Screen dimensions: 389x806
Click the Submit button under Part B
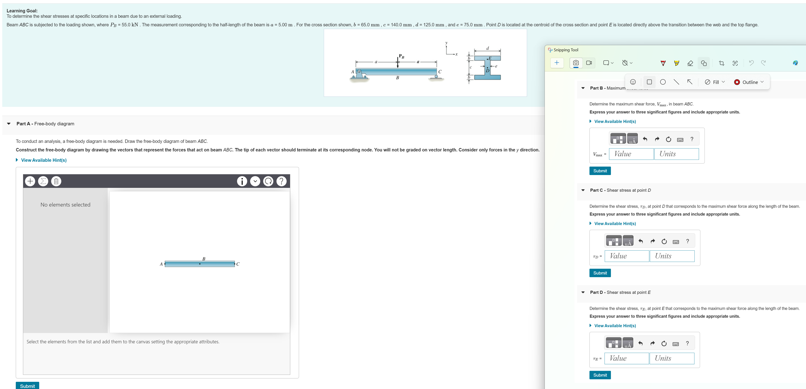coord(600,171)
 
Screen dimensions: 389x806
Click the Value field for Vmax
coord(631,154)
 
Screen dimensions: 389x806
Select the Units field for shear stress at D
coord(672,256)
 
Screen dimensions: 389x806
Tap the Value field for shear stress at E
coord(626,358)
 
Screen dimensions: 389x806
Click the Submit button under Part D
coord(600,375)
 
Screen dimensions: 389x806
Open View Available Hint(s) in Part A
coord(43,160)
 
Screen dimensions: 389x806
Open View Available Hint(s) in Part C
coord(615,224)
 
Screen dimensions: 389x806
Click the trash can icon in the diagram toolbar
coord(56,181)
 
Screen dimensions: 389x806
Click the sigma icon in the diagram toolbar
coord(43,181)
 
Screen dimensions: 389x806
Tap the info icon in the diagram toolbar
coord(242,181)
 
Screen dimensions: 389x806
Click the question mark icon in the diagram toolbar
coord(281,181)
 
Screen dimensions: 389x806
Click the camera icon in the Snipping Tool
coord(576,63)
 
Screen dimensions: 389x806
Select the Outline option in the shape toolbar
coord(749,82)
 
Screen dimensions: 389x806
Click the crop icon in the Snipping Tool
coord(722,63)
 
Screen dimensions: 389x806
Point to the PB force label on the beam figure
coord(402,56)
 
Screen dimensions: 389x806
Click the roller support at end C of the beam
coord(436,76)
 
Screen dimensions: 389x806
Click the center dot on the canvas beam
coord(200,264)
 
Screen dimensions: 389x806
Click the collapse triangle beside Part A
coord(9,124)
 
